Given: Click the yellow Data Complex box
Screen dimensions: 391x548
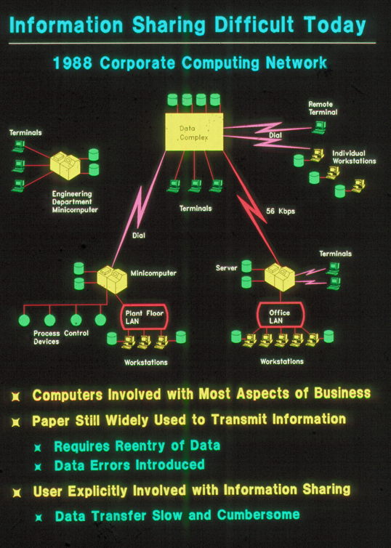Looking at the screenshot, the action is [x=194, y=132].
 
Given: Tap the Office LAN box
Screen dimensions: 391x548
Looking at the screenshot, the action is [x=281, y=315].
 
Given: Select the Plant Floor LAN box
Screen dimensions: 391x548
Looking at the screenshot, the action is [x=145, y=317].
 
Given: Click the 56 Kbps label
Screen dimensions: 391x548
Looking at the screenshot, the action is [x=281, y=211].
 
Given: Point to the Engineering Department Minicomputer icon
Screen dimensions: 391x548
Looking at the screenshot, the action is [x=65, y=166].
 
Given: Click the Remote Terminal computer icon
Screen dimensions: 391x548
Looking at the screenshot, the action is [x=318, y=128].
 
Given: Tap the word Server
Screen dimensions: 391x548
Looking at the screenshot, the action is [x=227, y=268].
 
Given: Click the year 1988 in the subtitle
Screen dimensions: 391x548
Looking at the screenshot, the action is [x=73, y=63].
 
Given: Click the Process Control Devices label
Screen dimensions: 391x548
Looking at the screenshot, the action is [x=61, y=337].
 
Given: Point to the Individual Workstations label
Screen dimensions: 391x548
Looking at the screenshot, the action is [x=354, y=157].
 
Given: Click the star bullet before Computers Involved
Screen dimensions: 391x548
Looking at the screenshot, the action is [x=16, y=397].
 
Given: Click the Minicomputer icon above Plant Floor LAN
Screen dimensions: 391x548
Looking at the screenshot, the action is [x=112, y=279].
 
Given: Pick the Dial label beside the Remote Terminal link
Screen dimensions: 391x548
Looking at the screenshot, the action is [x=275, y=135].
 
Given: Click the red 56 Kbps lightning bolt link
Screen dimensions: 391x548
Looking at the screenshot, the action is [x=251, y=207].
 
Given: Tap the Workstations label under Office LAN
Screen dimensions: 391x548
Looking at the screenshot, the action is [x=282, y=361].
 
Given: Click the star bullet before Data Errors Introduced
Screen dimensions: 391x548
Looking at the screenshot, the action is [x=38, y=467].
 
